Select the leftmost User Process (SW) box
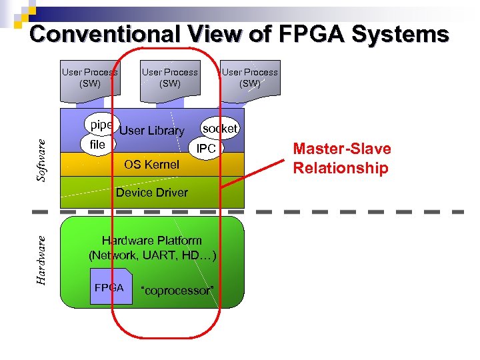89,78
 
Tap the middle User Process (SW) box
169,78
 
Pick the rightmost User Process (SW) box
250,78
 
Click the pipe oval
101,125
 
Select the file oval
97,144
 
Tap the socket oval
219,128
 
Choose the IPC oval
207,149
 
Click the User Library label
151,131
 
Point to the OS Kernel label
152,164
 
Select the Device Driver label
152,193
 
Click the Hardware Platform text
151,241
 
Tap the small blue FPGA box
109,288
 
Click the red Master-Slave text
342,149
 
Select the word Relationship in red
341,167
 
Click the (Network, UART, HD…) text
152,255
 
